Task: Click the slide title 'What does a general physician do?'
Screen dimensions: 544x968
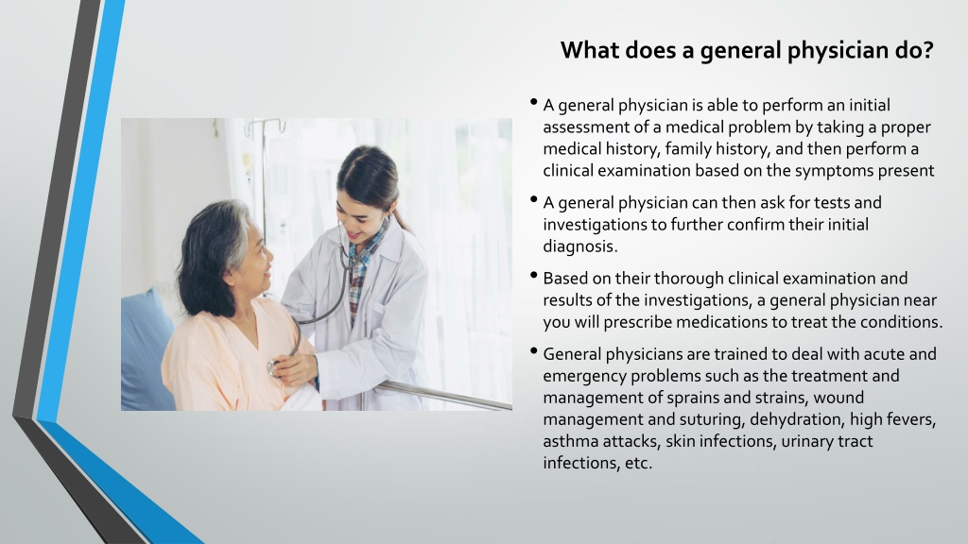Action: click(x=746, y=50)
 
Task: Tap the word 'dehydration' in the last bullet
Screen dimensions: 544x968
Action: click(x=799, y=419)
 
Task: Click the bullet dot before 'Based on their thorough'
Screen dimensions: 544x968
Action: click(x=535, y=276)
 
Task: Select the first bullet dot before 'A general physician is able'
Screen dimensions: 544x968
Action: click(x=535, y=102)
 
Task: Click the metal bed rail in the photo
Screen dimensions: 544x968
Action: click(x=444, y=395)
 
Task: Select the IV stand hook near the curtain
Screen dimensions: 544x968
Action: click(x=264, y=124)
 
